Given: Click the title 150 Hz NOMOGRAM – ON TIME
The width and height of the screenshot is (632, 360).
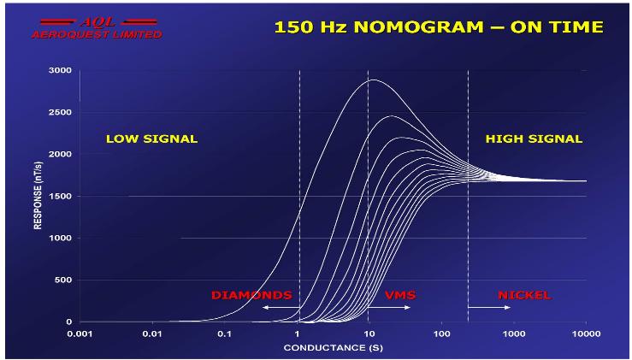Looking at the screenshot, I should click(x=438, y=27).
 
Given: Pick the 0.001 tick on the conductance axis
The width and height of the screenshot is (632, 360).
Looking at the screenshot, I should click(x=80, y=333).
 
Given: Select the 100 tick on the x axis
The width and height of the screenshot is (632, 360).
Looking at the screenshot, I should click(x=440, y=333).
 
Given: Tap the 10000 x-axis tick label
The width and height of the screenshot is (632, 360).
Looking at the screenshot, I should click(x=585, y=333).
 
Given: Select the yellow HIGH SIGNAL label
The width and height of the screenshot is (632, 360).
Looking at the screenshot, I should click(x=534, y=139).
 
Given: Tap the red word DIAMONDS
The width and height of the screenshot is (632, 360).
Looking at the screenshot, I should click(x=251, y=296).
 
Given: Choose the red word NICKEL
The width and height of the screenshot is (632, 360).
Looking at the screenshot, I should click(x=524, y=296).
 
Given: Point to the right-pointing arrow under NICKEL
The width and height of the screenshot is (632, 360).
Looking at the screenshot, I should click(x=493, y=307).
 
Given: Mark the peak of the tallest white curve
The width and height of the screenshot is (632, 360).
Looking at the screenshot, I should click(x=373, y=80).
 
